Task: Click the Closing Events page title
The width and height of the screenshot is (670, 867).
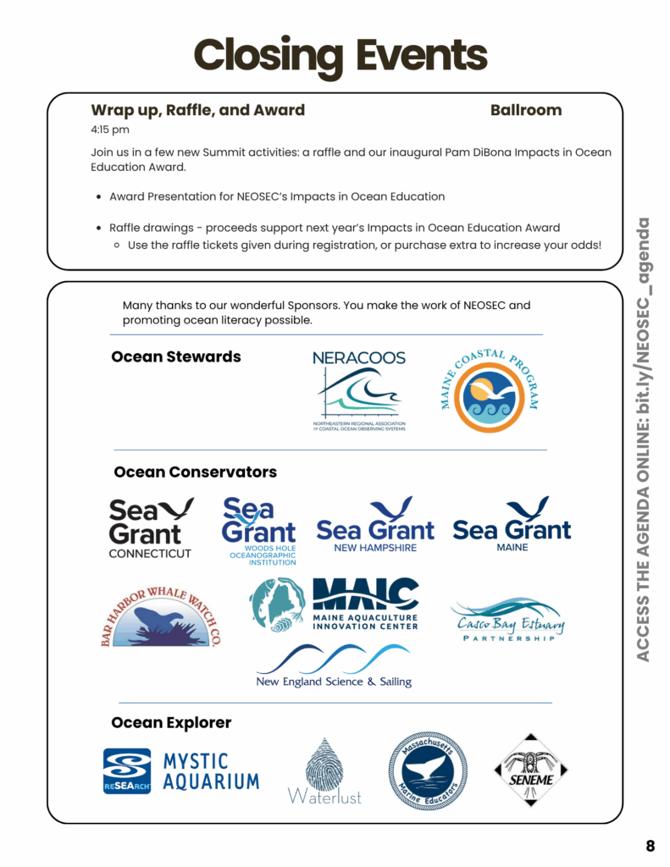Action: click(341, 55)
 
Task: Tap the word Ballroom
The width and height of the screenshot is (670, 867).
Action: click(525, 110)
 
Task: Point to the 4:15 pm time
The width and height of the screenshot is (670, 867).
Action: click(110, 130)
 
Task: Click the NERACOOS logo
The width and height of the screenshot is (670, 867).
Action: click(359, 390)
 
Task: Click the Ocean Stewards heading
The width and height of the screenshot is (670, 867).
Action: click(176, 356)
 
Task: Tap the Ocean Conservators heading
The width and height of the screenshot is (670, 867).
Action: click(195, 472)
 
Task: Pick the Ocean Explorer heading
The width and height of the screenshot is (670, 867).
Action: click(171, 722)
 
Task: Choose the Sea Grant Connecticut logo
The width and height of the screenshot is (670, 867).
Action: click(151, 527)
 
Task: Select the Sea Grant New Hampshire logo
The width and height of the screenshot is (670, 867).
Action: click(375, 525)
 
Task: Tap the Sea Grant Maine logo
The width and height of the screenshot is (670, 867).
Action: click(512, 525)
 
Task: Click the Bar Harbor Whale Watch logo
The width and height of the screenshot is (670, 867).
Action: click(160, 616)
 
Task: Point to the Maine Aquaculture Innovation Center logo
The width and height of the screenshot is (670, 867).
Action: click(335, 604)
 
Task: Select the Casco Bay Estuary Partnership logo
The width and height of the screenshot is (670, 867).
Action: click(507, 621)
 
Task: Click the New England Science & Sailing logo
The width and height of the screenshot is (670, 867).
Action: click(334, 665)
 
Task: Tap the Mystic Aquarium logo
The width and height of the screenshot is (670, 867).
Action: click(180, 770)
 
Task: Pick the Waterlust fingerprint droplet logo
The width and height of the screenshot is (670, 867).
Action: click(324, 770)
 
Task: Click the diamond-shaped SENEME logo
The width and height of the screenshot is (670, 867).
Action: click(529, 769)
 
